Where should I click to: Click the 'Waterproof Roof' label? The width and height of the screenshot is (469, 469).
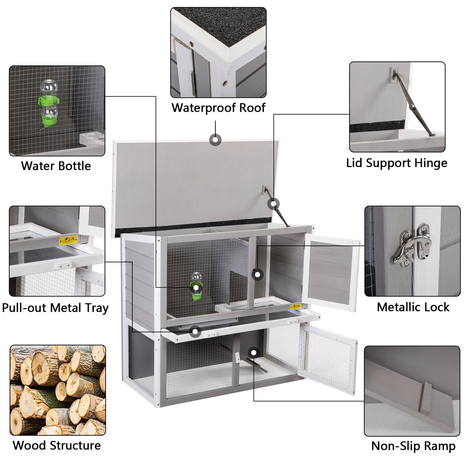tap(218, 108)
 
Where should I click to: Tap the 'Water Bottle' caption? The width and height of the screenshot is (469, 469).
tap(56, 166)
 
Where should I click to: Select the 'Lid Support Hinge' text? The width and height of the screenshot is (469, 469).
tap(397, 163)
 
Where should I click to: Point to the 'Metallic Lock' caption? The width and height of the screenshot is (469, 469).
tap(413, 307)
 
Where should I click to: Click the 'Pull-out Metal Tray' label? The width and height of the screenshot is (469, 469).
tap(55, 308)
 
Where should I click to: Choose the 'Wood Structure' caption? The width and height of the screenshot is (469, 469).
tap(57, 446)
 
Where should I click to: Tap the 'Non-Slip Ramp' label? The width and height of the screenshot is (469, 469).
tap(413, 446)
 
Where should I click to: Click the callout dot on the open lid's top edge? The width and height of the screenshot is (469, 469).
tap(215, 140)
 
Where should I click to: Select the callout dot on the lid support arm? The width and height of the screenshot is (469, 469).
tap(274, 204)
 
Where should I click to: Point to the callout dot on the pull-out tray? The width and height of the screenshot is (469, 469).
tap(195, 331)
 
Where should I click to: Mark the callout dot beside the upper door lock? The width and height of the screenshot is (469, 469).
tap(257, 275)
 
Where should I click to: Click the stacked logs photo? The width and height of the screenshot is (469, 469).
tap(58, 390)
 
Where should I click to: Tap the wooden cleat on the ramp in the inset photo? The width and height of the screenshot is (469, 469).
tap(426, 398)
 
